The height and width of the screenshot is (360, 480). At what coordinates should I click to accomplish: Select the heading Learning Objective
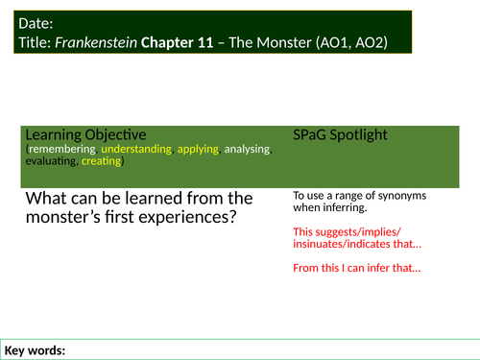click(85, 134)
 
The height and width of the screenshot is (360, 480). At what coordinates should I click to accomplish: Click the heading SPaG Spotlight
click(341, 134)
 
